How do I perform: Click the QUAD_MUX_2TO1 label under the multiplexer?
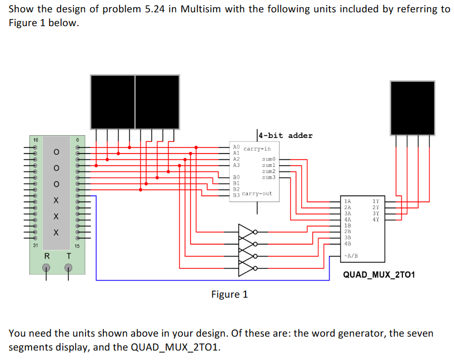tap(379, 275)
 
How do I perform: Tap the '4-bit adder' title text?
tap(286, 135)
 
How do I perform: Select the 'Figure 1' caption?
tap(230, 294)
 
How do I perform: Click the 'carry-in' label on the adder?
tap(257, 149)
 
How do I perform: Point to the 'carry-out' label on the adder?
tap(257, 194)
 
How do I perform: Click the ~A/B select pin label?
tap(351, 256)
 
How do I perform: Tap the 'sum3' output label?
tap(268, 177)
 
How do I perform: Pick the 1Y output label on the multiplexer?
tap(376, 201)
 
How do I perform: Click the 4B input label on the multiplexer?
tap(347, 244)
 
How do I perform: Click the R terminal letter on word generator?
tap(47, 256)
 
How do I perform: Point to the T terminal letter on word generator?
tap(69, 256)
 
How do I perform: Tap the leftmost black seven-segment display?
tap(112, 101)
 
